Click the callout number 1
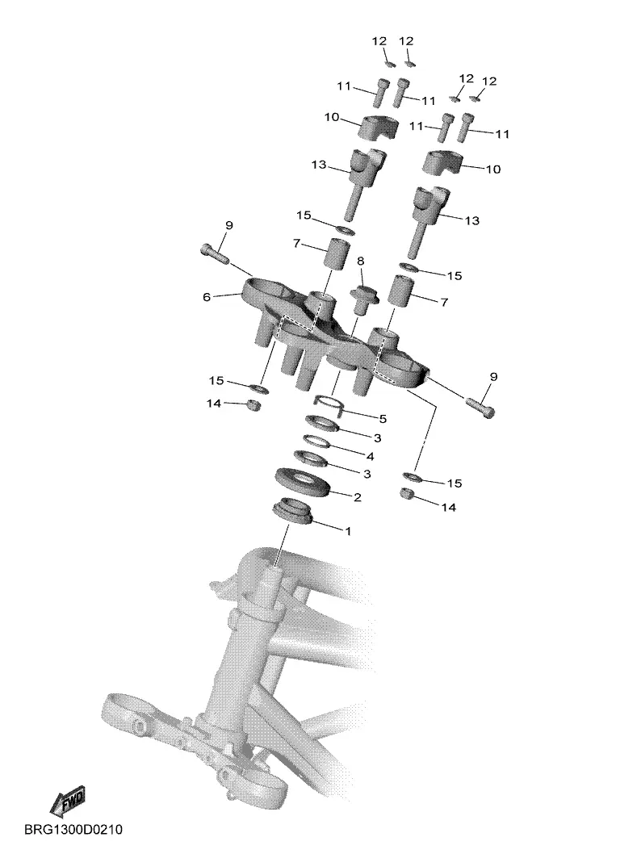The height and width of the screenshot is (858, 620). point(347,531)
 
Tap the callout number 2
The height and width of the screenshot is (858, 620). point(358,497)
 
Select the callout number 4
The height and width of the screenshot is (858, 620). point(371,456)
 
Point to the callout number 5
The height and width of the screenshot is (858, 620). point(383,419)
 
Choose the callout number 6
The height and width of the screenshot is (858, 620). point(207,297)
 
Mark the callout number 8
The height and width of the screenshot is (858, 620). point(360,261)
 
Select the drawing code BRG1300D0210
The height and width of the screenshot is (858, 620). point(73,830)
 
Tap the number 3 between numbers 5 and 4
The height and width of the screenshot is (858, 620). point(378,437)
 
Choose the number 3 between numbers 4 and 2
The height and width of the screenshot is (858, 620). point(367,473)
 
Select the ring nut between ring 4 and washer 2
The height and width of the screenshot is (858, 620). point(310,458)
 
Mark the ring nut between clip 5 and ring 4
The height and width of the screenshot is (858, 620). point(323,423)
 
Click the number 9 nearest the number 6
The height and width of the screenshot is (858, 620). point(229,225)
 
